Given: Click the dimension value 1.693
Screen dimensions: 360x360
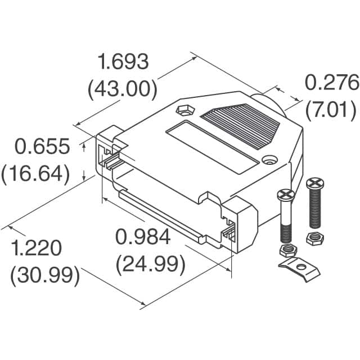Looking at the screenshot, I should (x=123, y=61).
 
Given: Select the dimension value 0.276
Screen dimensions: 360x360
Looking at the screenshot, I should (x=331, y=83).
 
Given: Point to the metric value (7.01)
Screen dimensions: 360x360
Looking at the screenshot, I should (x=331, y=109).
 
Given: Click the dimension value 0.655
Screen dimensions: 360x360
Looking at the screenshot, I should (x=42, y=147).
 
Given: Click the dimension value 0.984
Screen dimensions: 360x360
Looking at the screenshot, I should (x=143, y=237).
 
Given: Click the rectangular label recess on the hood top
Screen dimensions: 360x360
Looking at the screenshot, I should (x=213, y=147).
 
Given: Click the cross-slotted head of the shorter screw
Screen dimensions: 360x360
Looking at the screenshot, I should (x=286, y=195).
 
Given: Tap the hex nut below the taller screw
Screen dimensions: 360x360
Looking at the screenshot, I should (x=314, y=237).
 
